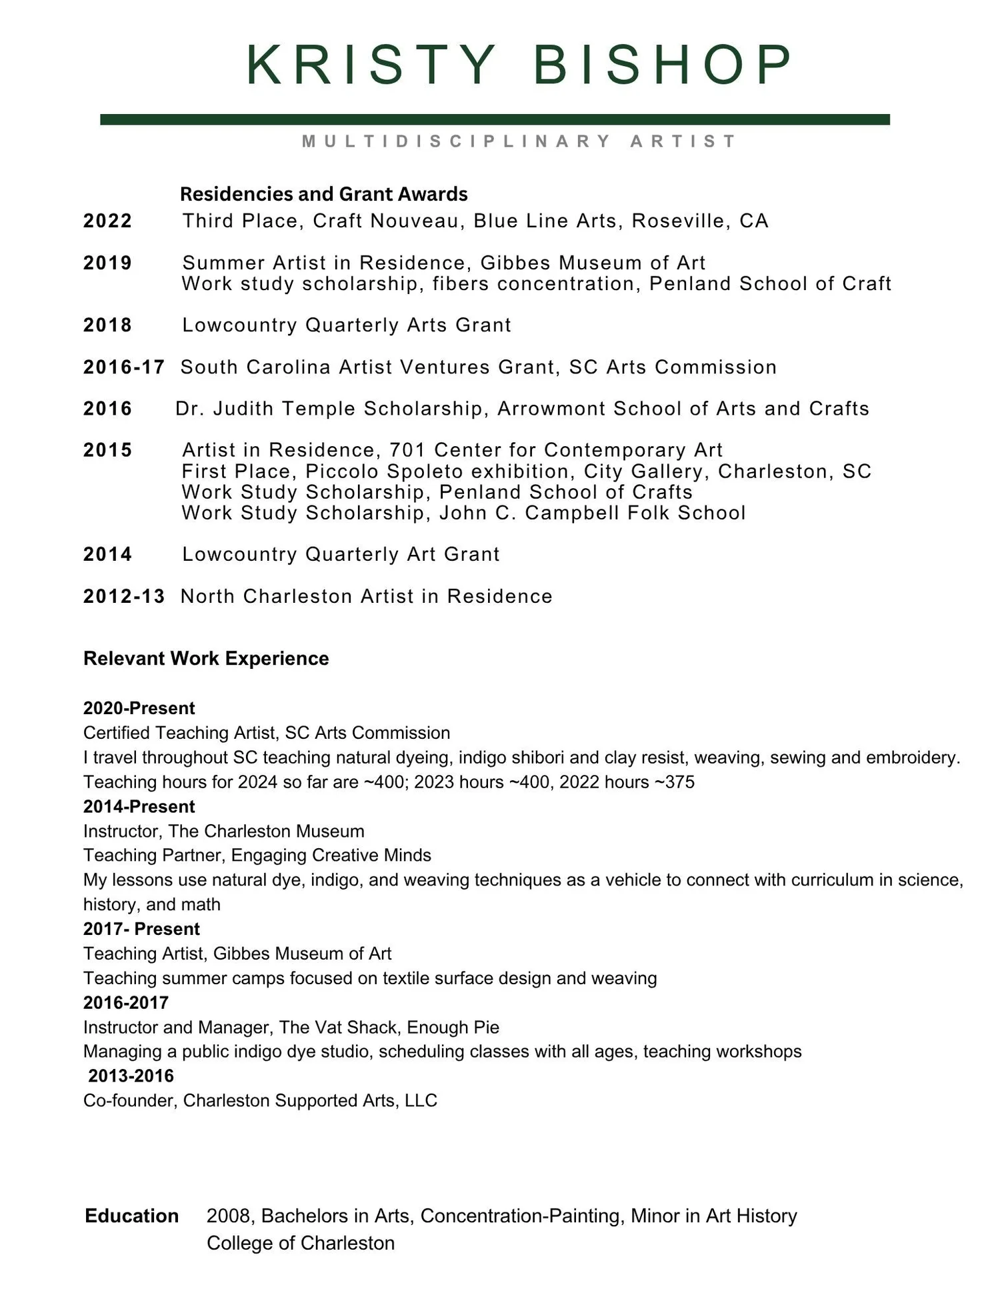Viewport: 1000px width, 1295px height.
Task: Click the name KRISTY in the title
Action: coord(370,65)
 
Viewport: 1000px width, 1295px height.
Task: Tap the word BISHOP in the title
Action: coord(662,65)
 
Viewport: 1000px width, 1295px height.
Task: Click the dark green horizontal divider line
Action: coord(495,119)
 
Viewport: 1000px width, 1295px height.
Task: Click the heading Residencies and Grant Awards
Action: coord(323,194)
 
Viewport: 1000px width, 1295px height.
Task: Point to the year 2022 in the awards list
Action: coord(107,221)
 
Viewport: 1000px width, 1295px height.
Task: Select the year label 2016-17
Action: coord(123,367)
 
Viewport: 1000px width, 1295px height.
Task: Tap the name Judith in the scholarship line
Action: coord(243,408)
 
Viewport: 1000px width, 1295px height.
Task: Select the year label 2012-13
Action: coord(123,596)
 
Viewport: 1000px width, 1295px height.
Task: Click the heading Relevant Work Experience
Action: coord(206,658)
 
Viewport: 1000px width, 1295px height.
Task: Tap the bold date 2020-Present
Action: coord(139,708)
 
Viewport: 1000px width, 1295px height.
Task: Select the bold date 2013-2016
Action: coord(131,1076)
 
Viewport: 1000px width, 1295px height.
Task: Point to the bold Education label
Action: coord(131,1216)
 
